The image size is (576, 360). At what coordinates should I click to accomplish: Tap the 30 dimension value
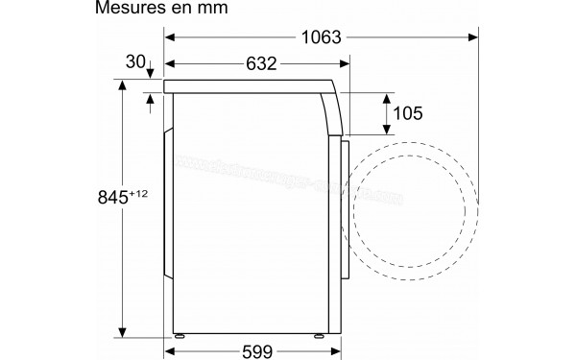coord(134,62)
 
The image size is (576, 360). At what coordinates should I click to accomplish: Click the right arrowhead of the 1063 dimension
coord(474,39)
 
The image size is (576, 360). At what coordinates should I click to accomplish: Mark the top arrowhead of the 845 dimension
coord(123,84)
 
